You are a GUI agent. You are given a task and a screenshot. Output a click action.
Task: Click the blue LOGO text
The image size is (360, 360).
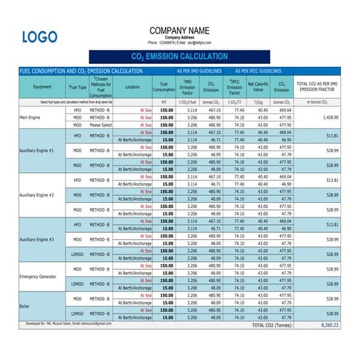tap(39, 37)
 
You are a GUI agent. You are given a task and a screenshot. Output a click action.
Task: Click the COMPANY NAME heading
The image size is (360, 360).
tap(179, 31)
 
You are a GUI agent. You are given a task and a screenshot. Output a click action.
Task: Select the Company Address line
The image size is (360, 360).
tap(179, 37)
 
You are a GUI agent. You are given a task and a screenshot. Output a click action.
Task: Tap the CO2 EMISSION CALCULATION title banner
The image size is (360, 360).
tap(179, 56)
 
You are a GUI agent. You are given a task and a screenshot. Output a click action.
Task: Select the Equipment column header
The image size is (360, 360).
tap(42, 87)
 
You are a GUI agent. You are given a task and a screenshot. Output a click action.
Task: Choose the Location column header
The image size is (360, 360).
tap(132, 87)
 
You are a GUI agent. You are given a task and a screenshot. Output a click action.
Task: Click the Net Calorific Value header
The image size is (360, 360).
tap(257, 87)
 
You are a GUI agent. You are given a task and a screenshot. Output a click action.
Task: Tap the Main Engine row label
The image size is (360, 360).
tap(31, 117)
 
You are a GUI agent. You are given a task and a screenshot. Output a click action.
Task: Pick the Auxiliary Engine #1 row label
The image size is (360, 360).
tap(37, 151)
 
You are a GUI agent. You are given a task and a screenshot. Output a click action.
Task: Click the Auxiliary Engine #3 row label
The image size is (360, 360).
tap(37, 239)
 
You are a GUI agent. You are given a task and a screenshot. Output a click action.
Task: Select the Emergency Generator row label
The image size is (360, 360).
tap(38, 275)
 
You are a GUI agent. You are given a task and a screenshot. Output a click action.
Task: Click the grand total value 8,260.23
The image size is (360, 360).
tap(329, 326)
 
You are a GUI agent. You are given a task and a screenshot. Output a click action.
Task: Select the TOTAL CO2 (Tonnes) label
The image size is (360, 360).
tap(273, 326)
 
